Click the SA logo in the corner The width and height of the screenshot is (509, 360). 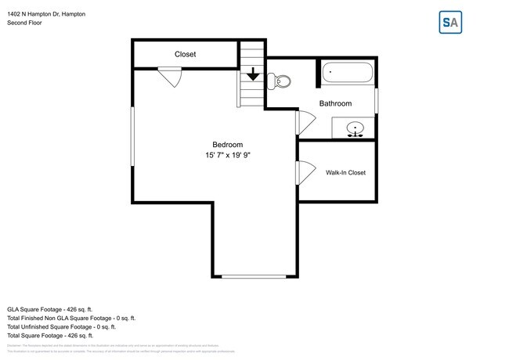tap(450, 23)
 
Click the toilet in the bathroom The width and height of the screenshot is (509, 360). tap(281, 81)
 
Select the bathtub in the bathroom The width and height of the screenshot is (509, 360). tap(348, 74)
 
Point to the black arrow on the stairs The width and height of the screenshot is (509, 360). tap(253, 75)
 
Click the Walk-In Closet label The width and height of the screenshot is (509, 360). tap(345, 172)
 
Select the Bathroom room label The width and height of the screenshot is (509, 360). tap(335, 103)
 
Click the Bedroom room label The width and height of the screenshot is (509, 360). tap(227, 144)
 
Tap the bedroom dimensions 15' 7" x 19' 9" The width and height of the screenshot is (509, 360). tap(227, 156)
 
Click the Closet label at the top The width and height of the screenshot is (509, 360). tap(185, 55)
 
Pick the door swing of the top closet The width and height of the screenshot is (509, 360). tap(171, 77)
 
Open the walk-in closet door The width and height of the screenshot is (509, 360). tap(304, 171)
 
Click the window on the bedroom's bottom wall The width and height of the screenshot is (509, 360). tap(254, 276)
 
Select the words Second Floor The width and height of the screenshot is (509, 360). tap(25, 23)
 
